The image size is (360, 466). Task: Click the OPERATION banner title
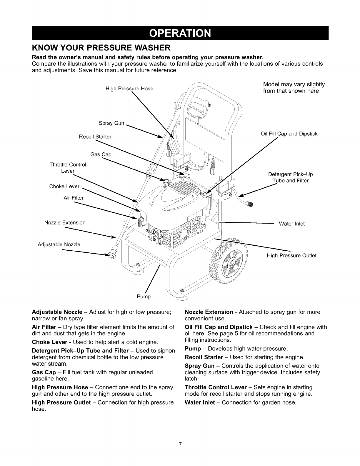click(x=180, y=33)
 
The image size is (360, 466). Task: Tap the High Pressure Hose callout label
click(x=129, y=89)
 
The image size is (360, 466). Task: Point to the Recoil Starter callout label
click(x=95, y=137)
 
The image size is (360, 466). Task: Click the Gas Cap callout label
click(x=101, y=154)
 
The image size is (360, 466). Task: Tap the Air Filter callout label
click(x=74, y=198)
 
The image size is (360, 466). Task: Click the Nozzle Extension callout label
click(x=65, y=223)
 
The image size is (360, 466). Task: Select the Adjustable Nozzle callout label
click(x=59, y=244)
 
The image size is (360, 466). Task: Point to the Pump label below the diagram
click(x=144, y=297)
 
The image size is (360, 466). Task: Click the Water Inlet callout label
click(x=292, y=224)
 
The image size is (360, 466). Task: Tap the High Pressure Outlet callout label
click(x=291, y=256)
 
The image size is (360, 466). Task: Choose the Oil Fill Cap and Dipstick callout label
click(x=289, y=134)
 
